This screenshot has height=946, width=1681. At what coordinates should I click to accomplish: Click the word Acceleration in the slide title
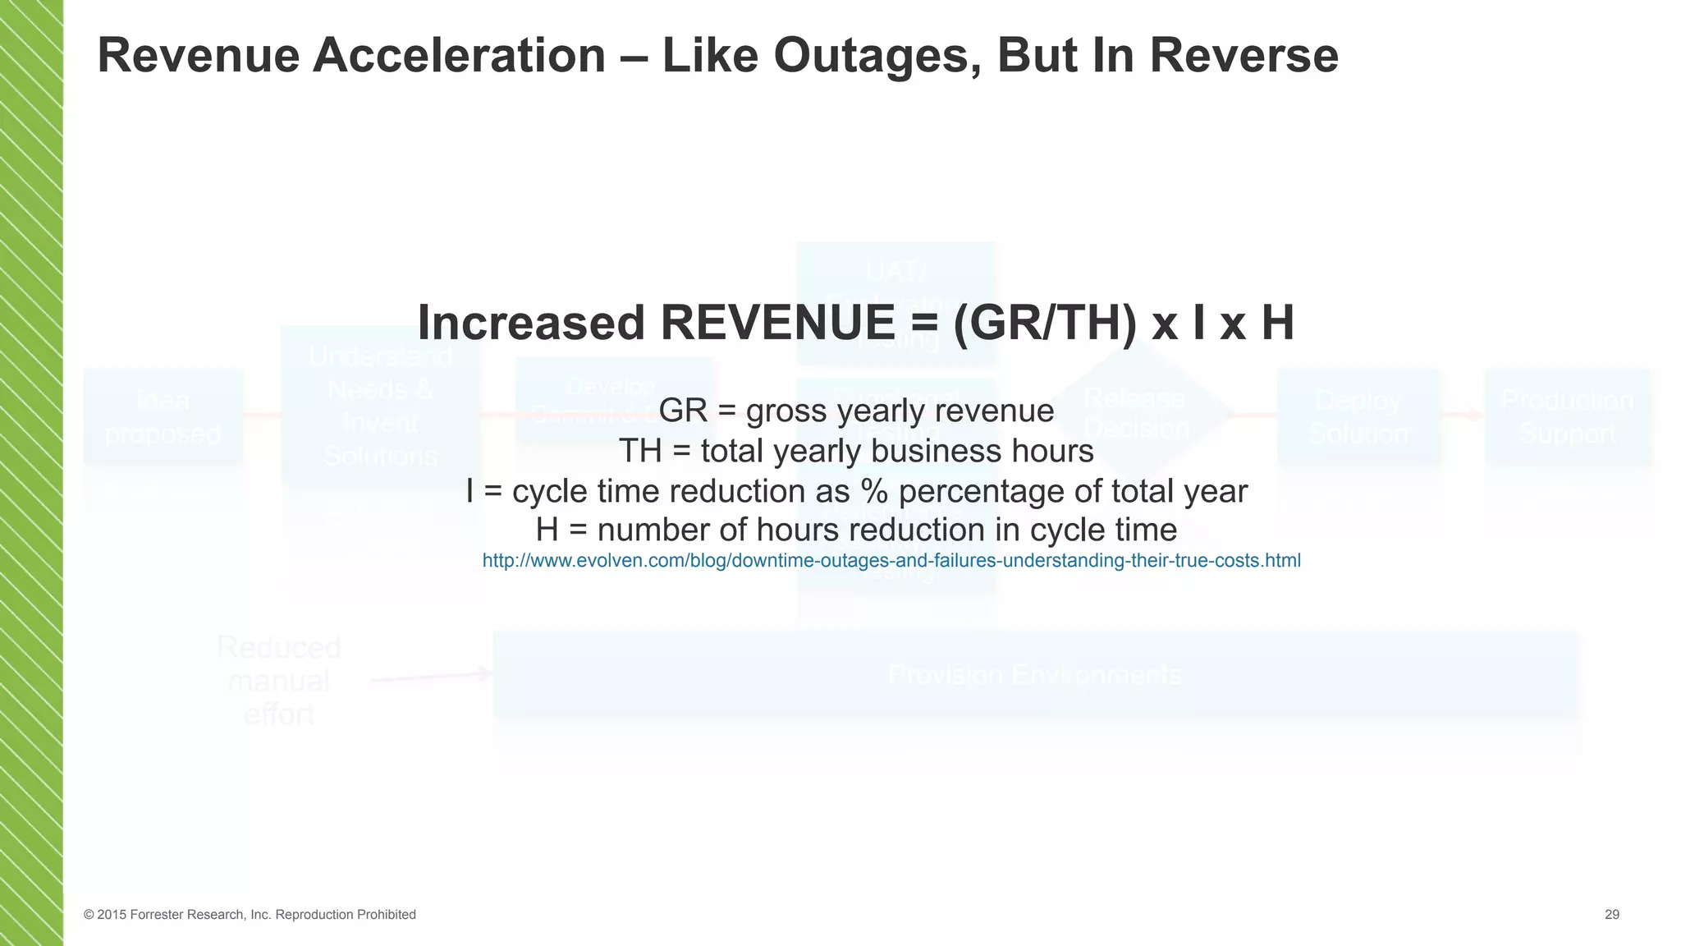pyautogui.click(x=459, y=56)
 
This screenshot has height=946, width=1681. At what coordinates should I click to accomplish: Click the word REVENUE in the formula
pyautogui.click(x=777, y=323)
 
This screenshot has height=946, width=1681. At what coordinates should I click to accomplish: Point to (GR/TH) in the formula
pyautogui.click(x=1045, y=323)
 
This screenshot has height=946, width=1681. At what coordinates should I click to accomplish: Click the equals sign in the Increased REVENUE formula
pyautogui.click(x=923, y=323)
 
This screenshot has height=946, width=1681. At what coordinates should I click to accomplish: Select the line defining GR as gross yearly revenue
pyautogui.click(x=856, y=411)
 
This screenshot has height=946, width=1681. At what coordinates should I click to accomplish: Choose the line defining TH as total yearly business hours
pyautogui.click(x=856, y=451)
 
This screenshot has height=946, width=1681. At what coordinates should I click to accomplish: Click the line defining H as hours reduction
pyautogui.click(x=856, y=530)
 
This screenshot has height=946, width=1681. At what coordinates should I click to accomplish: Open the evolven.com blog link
pyautogui.click(x=891, y=561)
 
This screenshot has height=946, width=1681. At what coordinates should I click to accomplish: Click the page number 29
pyautogui.click(x=1612, y=915)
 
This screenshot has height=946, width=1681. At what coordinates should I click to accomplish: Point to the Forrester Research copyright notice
pyautogui.click(x=250, y=915)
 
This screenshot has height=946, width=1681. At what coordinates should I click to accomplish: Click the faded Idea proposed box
pyautogui.click(x=163, y=416)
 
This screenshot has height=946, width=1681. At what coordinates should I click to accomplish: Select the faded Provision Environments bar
pyautogui.click(x=1034, y=675)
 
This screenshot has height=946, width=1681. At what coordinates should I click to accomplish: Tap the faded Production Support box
pyautogui.click(x=1567, y=416)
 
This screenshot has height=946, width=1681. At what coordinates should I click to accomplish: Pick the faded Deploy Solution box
pyautogui.click(x=1359, y=416)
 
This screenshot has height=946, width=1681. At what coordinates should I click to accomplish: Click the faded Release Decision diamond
pyautogui.click(x=1137, y=413)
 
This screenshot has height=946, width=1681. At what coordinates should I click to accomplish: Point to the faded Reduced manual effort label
pyautogui.click(x=279, y=681)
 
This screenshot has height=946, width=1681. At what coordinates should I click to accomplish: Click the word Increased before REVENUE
pyautogui.click(x=532, y=323)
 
